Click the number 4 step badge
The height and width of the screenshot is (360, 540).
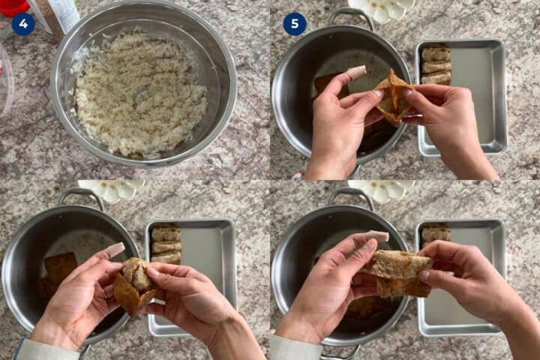pyautogui.click(x=23, y=24)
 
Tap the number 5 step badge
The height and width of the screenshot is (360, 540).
pyautogui.click(x=295, y=24)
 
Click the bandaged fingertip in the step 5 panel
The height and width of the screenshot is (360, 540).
pyautogui.click(x=356, y=72)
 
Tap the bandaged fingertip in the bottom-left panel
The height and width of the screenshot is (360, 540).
pyautogui.click(x=115, y=249)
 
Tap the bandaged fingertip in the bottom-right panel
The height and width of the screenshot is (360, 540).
pyautogui.click(x=377, y=236)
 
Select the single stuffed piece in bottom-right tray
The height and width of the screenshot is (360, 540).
pyautogui.click(x=436, y=234)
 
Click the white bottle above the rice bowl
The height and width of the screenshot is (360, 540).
pyautogui.click(x=65, y=13)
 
